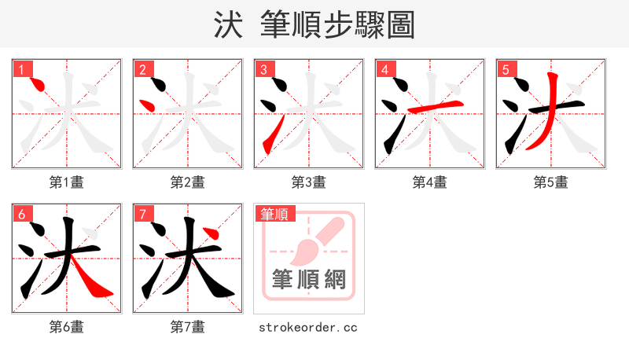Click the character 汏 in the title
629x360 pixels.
(x=227, y=25)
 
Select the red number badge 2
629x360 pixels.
(x=143, y=70)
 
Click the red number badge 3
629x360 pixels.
(x=264, y=70)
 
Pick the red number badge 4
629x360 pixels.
(x=385, y=70)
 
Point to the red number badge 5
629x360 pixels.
(x=506, y=70)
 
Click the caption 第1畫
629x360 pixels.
(x=67, y=182)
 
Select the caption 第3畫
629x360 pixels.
(x=308, y=182)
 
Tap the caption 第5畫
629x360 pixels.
(x=550, y=182)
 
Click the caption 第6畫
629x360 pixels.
(x=67, y=327)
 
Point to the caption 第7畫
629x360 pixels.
(x=188, y=327)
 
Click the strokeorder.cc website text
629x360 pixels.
(x=308, y=327)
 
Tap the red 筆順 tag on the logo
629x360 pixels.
(x=274, y=214)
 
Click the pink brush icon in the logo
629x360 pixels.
(x=314, y=240)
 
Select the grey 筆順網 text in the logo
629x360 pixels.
(x=308, y=279)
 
